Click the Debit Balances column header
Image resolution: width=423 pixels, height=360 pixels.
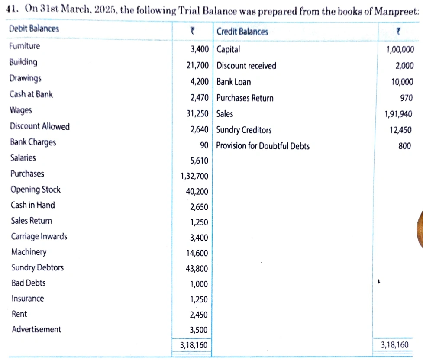point(34,29)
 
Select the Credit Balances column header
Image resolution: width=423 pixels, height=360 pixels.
point(242,32)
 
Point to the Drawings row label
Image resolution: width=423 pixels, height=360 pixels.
point(26,78)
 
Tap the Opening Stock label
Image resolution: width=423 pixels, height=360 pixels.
point(36,190)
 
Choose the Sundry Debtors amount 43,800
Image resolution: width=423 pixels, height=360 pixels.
point(197,269)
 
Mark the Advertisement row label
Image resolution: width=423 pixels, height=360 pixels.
point(36,329)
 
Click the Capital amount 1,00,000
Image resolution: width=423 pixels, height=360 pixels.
point(400,50)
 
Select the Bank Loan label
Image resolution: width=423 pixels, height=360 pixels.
point(233,82)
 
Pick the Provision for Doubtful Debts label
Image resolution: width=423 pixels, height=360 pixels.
point(263,146)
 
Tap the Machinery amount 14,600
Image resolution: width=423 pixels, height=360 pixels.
point(197,253)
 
